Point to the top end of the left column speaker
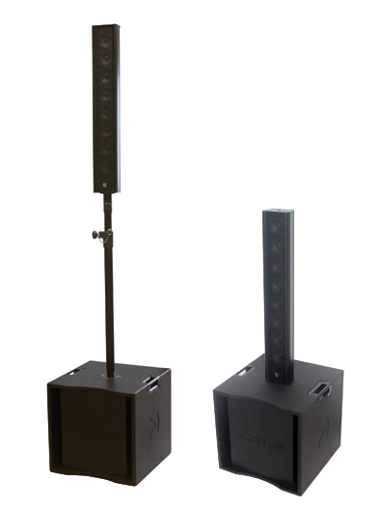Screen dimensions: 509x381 tap(106, 27)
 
